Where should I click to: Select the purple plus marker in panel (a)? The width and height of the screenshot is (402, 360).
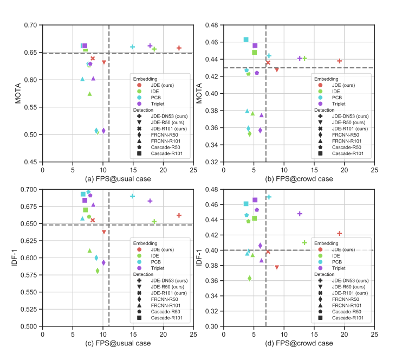tap(150, 46)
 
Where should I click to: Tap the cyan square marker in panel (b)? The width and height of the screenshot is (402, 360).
tap(246, 40)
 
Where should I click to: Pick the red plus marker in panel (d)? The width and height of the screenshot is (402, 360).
tap(340, 234)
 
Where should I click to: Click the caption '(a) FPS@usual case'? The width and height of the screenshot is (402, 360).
tap(118, 178)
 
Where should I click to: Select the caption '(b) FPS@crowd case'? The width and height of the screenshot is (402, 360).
tap(299, 178)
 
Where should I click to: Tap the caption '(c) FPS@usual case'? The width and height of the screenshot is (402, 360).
tap(118, 343)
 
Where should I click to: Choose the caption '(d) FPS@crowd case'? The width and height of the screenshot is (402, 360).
tap(299, 343)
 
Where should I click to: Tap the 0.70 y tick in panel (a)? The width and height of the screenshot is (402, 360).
tap(31, 25)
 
